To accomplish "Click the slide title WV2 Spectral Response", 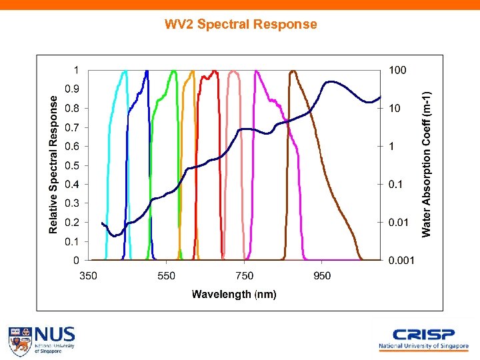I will (x=241, y=25).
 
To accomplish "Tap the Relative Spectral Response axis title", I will (x=54, y=163).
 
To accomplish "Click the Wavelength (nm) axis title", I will (x=234, y=294).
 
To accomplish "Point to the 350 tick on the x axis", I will (x=89, y=275).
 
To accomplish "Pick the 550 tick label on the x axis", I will (x=167, y=275).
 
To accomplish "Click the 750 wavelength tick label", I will (x=244, y=275).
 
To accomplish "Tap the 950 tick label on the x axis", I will (x=322, y=275).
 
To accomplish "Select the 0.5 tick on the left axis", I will (x=71, y=165).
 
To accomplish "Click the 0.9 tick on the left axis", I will (x=71, y=89).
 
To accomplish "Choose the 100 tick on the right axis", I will (x=398, y=70).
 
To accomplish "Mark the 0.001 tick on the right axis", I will (x=401, y=260).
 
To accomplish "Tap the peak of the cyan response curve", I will (x=125, y=71).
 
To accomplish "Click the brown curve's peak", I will (x=292, y=71).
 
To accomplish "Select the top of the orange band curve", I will (x=192, y=71).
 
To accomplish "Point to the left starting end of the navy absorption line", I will (x=102, y=223).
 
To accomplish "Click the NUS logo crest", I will (x=20, y=340).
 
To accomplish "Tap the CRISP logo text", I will (x=423, y=335).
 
